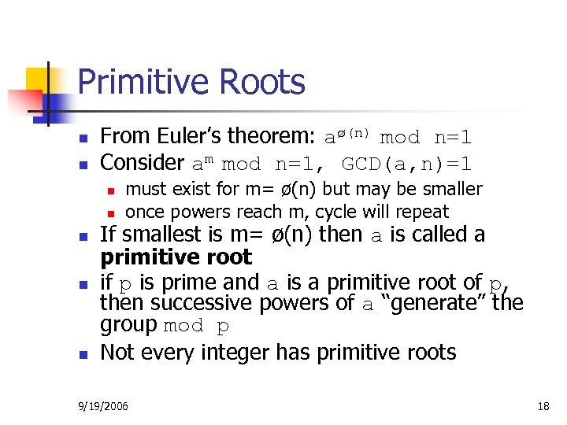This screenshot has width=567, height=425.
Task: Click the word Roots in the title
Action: click(x=265, y=83)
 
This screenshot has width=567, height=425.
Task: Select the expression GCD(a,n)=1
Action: click(x=407, y=164)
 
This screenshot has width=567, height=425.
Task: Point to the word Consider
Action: click(x=142, y=163)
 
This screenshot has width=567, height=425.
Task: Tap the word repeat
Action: click(x=424, y=212)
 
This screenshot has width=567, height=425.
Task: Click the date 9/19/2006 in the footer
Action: click(x=103, y=406)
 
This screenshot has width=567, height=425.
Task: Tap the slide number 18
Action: click(x=543, y=406)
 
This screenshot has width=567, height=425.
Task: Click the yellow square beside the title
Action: click(x=39, y=80)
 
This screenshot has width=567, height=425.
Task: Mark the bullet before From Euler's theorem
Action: click(x=83, y=139)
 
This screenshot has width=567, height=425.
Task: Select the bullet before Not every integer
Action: click(x=83, y=353)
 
